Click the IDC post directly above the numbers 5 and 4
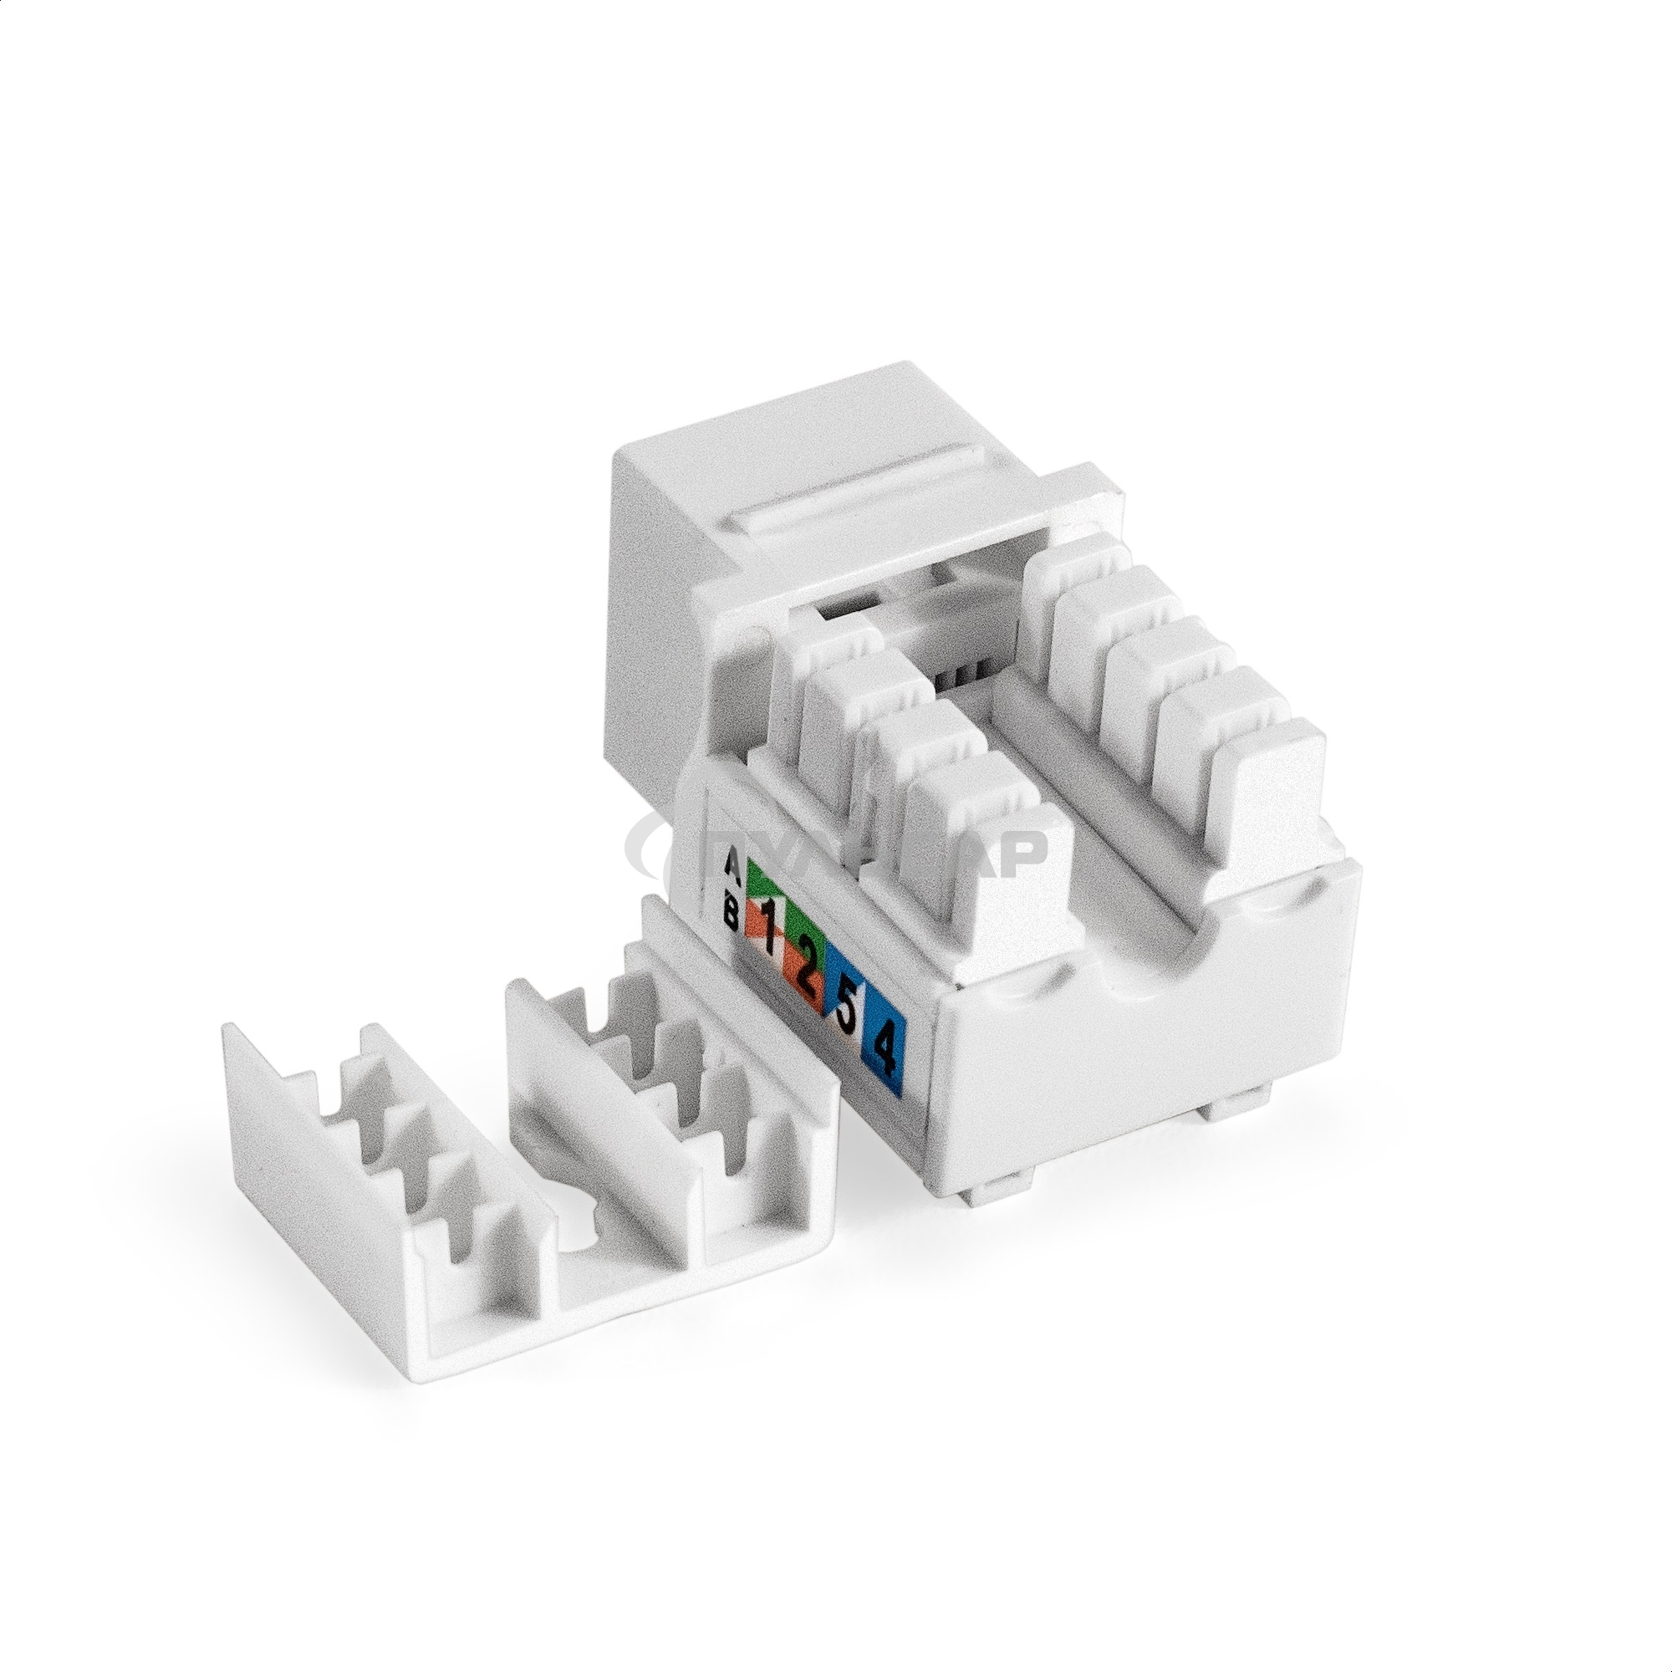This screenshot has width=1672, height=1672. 961,831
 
